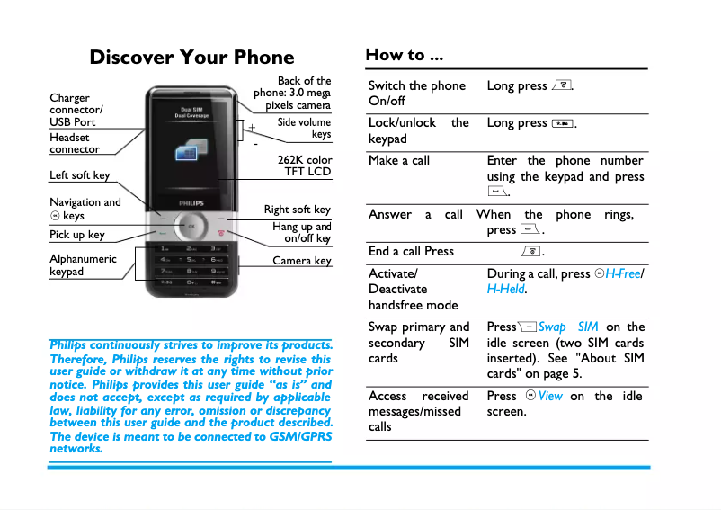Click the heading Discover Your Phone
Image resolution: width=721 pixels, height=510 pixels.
point(191,58)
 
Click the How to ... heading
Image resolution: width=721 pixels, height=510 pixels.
point(404,55)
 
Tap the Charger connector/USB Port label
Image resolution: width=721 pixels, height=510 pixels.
point(76,110)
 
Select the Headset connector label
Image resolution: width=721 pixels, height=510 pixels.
point(74,143)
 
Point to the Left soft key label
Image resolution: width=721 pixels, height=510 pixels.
point(79,175)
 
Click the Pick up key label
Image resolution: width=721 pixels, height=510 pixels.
point(76,235)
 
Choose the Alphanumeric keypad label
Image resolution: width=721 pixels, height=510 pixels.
point(83,265)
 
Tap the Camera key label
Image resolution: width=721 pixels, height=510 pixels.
point(301,261)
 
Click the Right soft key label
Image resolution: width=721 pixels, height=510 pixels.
point(297,210)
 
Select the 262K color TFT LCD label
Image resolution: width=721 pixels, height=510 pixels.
point(304,166)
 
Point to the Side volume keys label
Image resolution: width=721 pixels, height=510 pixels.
point(304,128)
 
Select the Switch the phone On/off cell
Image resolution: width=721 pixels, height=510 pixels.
point(416,93)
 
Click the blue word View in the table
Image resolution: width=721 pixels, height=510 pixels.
point(550,396)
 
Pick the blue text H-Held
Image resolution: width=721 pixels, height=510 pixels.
point(506,289)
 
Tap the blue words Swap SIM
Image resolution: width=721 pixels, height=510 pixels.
point(568,327)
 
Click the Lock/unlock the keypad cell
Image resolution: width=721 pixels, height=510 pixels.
point(418,130)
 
